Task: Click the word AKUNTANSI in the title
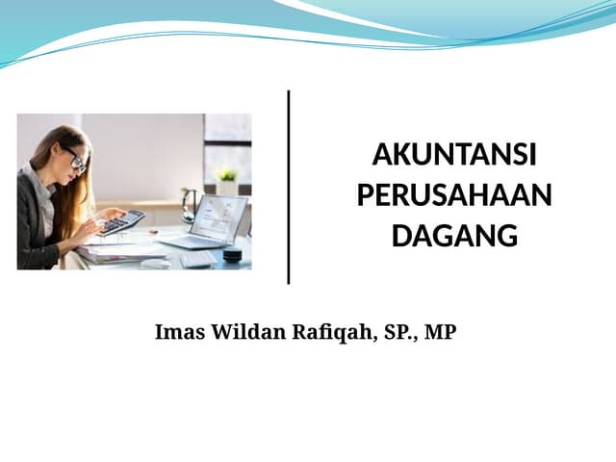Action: [454, 156]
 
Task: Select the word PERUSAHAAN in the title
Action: [454, 195]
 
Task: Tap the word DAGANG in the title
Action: [454, 235]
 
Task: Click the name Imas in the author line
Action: [176, 333]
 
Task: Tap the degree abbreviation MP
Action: [440, 333]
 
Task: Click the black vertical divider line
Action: [289, 187]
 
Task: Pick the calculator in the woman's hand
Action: [120, 222]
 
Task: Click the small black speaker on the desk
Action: [232, 253]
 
